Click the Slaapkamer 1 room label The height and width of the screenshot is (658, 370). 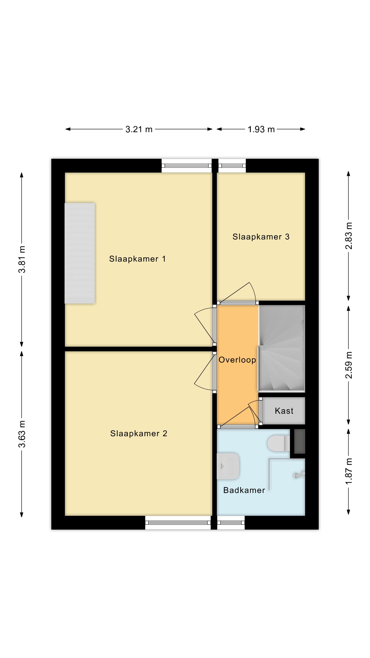pos(137,259)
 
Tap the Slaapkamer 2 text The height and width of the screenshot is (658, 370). pos(138,434)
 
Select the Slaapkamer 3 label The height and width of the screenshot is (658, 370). pos(261,237)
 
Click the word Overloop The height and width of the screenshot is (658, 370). pos(237,360)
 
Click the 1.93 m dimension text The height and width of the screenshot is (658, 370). pos(261,129)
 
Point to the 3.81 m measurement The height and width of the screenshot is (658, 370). pos(22,259)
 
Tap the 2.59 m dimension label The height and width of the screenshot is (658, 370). pos(349,365)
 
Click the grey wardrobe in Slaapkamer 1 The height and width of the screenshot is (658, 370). pos(80,253)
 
